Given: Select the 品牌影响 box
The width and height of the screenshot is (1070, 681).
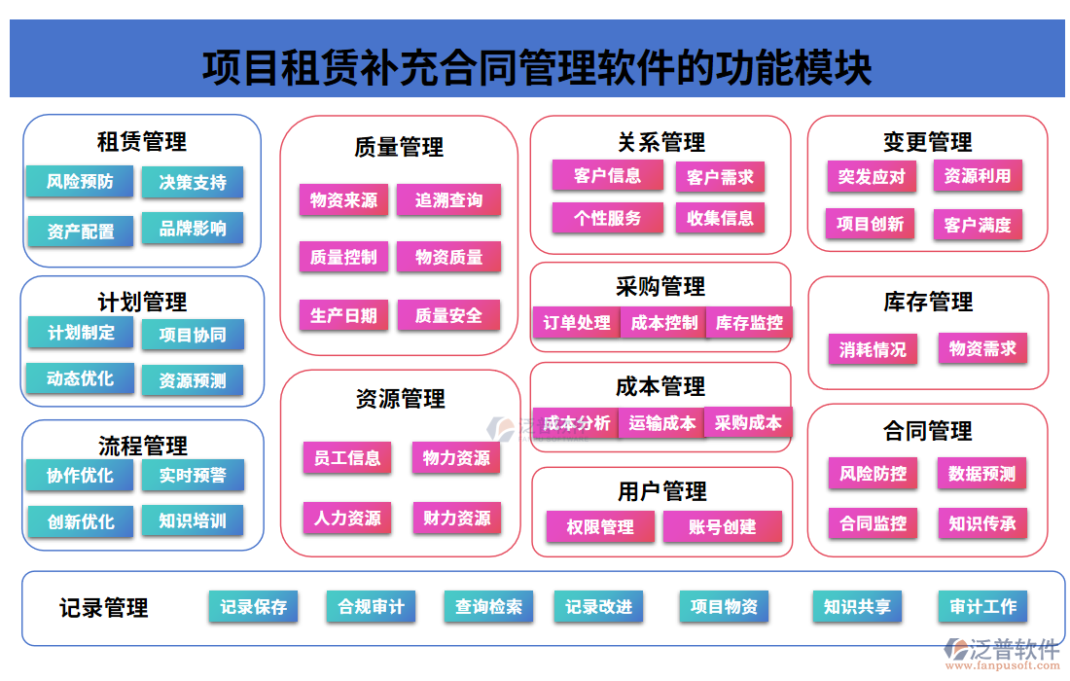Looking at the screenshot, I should pos(193,229).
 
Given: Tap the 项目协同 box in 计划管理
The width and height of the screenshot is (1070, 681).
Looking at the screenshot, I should pos(193,335).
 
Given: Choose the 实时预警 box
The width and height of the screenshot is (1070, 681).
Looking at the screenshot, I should pos(193,475).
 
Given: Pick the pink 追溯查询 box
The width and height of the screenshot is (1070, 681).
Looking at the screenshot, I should pos(448,200).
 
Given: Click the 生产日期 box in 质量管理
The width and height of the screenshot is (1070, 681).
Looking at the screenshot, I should pos(343,315).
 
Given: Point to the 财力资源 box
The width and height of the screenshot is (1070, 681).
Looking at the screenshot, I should pos(456,518).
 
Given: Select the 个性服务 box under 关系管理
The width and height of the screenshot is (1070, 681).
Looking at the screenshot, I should pos(607,218).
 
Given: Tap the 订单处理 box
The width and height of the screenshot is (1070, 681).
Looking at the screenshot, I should pos(577,323).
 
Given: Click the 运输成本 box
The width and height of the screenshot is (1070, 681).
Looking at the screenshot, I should pos(661,422).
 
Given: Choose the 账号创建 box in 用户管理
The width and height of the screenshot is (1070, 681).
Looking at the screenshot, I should pos(722,527).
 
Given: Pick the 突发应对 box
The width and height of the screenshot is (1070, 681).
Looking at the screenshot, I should pos(871,176).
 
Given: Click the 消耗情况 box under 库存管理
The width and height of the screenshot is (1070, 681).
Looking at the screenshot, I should pos(873,349).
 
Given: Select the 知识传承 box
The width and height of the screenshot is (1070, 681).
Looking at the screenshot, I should pos(981,523).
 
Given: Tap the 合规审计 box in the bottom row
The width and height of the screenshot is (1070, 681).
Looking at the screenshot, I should pos(371,607).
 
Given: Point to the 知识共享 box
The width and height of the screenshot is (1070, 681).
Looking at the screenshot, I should pos(857,607).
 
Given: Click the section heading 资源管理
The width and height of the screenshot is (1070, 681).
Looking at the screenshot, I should pos(400,399).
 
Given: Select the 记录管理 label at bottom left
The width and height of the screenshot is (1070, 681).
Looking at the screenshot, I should pos(104,608).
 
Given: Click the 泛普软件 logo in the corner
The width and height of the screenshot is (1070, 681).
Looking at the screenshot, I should pos(1002,651).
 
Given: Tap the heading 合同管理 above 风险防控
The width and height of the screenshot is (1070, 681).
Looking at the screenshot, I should pos(927,430).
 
